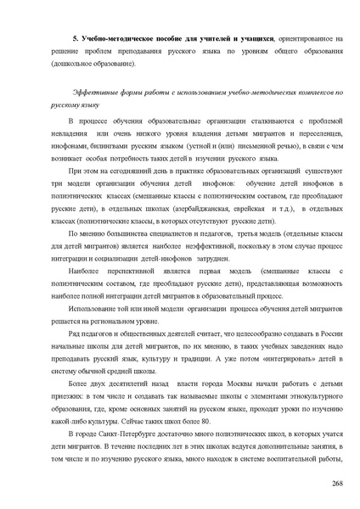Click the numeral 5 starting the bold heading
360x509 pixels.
tap(75, 39)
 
